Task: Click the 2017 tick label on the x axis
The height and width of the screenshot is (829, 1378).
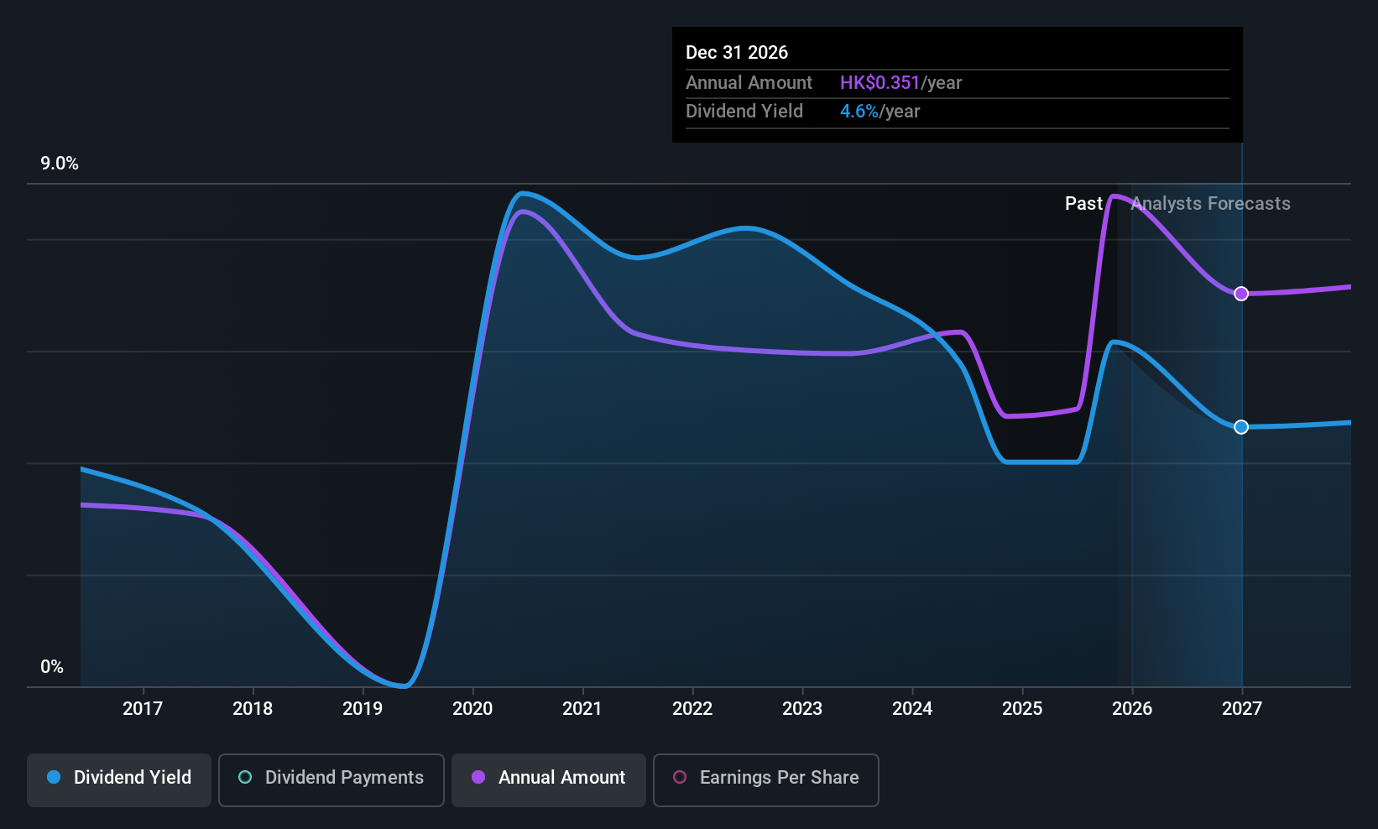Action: tap(143, 708)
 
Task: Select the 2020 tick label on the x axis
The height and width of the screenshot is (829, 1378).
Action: tap(472, 708)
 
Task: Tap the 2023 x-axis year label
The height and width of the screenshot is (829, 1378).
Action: tap(802, 708)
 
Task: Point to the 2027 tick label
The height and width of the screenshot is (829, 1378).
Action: tap(1242, 708)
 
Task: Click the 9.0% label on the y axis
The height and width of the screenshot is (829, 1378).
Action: tap(60, 164)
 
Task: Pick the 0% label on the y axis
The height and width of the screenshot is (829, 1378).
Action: tap(52, 667)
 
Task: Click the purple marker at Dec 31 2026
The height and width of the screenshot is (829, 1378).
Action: tap(1241, 294)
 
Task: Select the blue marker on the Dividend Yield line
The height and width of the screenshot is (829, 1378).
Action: tap(1241, 427)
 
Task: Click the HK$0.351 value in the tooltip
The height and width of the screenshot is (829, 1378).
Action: tap(880, 83)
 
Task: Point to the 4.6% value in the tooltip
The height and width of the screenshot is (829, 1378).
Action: tap(859, 112)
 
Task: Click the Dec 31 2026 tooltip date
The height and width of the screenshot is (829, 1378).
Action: tap(737, 53)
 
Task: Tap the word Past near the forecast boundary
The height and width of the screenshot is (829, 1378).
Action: tap(1083, 204)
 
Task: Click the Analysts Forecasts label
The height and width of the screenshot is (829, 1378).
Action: tap(1210, 204)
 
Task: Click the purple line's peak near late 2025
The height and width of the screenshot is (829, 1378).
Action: tap(1114, 196)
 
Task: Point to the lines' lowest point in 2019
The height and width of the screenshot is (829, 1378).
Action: tap(404, 686)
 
